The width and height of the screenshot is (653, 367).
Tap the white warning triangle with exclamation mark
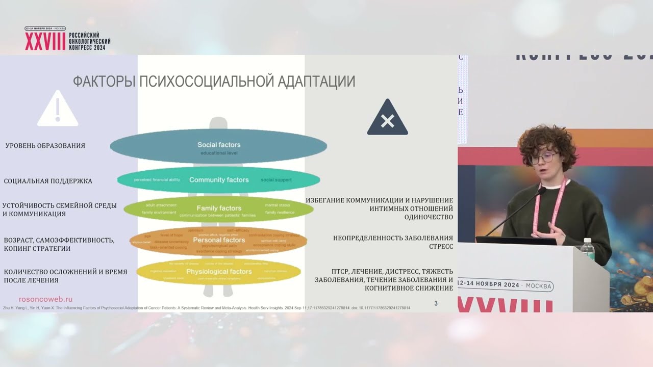tap(58, 110)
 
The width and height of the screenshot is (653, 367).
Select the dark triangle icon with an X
tap(388, 119)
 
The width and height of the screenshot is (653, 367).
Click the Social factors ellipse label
tap(219, 145)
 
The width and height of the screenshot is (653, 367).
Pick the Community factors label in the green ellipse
tap(219, 180)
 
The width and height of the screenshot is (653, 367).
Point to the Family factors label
tap(219, 208)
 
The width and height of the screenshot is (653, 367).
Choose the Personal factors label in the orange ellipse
tap(219, 240)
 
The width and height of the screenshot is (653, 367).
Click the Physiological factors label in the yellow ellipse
tap(219, 272)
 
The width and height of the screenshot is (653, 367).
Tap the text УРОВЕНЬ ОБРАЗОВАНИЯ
tap(45, 146)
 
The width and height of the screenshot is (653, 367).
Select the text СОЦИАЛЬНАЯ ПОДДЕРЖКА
tap(48, 181)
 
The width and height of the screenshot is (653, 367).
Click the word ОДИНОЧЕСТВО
tap(429, 217)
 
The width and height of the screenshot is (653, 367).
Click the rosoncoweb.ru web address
tap(45, 300)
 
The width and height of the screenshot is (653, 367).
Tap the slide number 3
tap(436, 304)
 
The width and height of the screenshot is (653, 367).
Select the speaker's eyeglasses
tap(542, 158)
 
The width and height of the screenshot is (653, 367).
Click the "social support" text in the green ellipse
tap(276, 180)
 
